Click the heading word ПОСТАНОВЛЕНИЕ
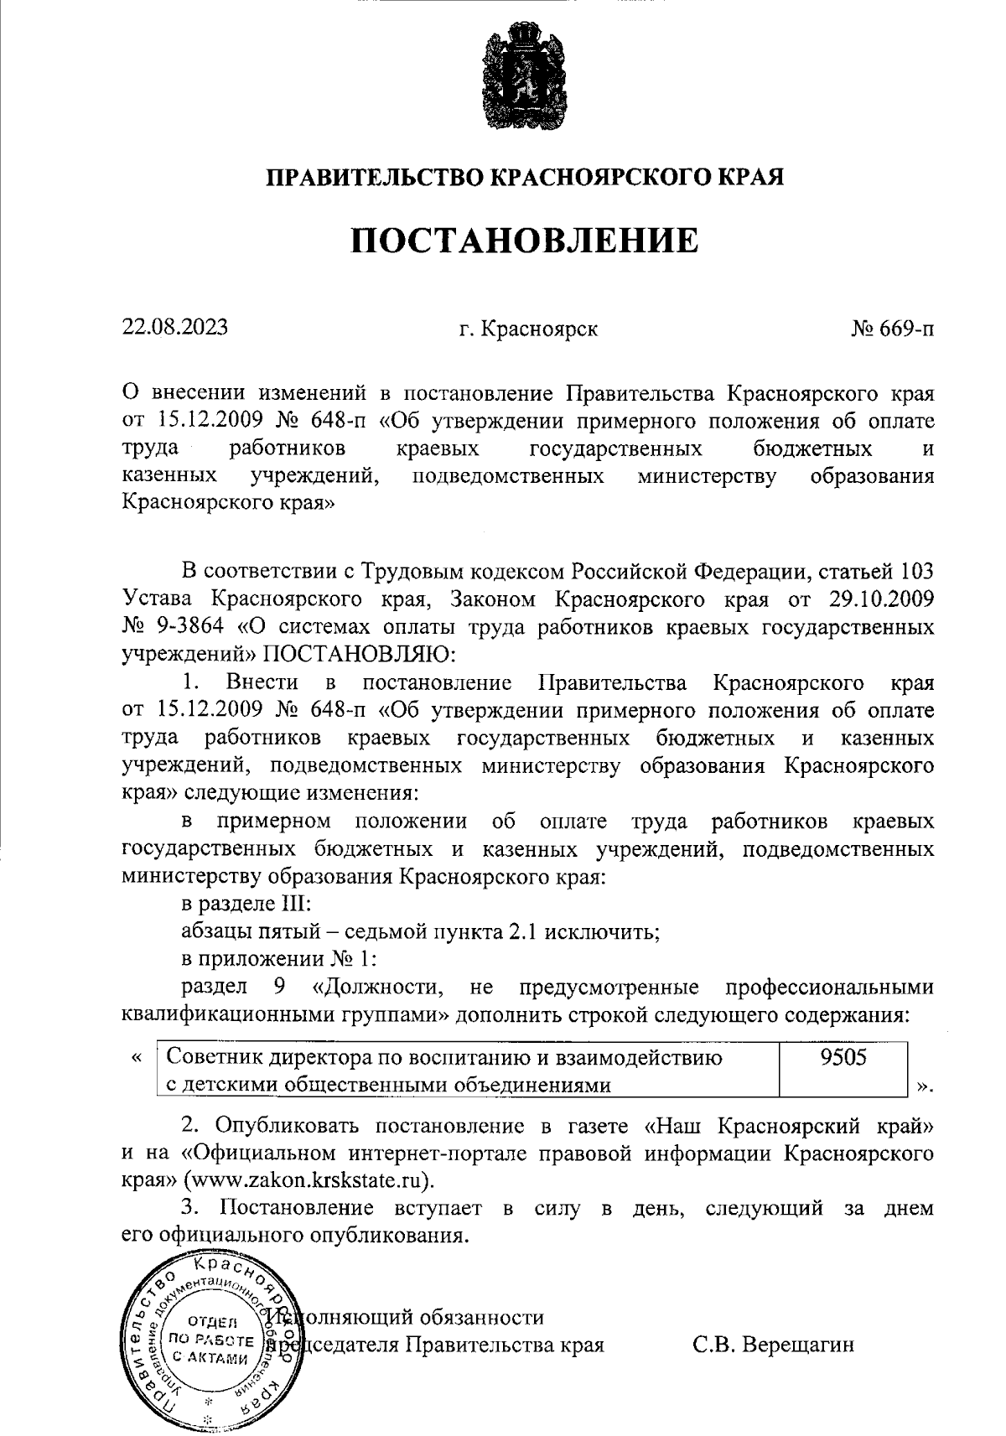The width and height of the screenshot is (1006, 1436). [523, 241]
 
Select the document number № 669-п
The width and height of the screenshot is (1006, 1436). [892, 329]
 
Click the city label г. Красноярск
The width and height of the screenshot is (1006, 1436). [528, 329]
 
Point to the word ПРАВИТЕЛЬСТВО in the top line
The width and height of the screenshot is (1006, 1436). [375, 178]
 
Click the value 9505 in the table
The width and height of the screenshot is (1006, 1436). [843, 1057]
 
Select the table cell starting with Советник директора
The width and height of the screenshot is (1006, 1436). [468, 1071]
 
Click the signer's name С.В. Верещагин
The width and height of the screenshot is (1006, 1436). [773, 1345]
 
